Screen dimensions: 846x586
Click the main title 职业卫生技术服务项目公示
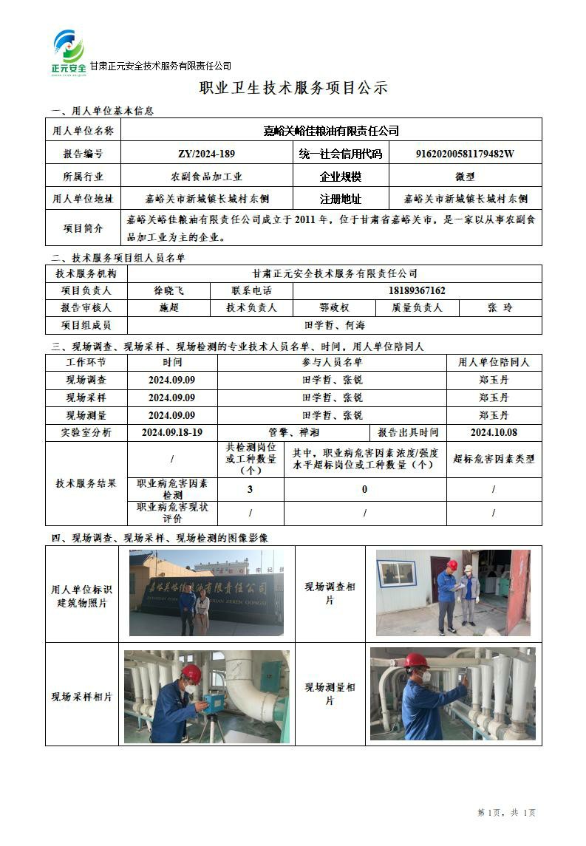pos(293,88)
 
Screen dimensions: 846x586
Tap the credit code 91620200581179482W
pos(465,154)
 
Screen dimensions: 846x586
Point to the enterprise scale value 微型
pos(465,177)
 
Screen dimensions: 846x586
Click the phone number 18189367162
pos(417,290)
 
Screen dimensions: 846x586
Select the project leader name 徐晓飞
pos(168,290)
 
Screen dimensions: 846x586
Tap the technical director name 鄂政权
pos(334,307)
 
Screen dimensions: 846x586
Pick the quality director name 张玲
pos(500,307)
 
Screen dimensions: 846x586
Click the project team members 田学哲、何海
pos(334,324)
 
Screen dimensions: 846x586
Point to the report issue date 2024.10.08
pos(494,432)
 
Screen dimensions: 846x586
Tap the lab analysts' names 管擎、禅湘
pos(293,432)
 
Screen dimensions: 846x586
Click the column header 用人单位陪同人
pos(494,362)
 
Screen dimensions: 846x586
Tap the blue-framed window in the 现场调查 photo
pos(397,573)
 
